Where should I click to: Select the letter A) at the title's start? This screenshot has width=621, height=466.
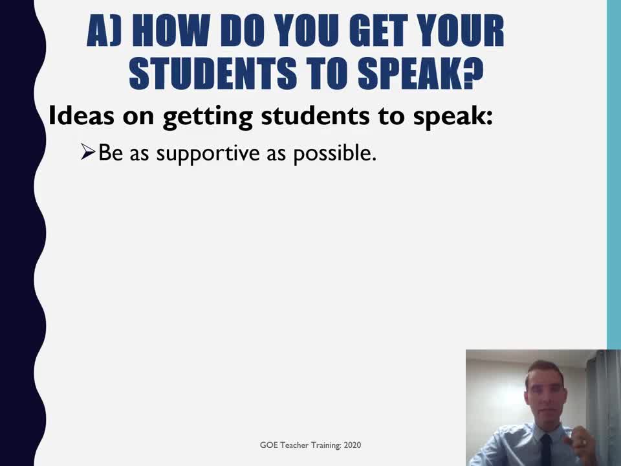tap(103, 31)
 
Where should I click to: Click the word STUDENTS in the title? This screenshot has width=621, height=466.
tap(213, 73)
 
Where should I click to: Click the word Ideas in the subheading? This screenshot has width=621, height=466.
tap(82, 116)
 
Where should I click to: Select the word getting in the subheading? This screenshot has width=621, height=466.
tap(208, 117)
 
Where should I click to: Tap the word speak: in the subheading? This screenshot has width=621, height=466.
tap(453, 117)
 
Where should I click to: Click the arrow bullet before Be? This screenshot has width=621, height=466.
tap(88, 151)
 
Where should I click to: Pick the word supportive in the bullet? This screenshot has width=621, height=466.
tap(208, 154)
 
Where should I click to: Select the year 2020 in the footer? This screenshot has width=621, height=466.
tap(353, 445)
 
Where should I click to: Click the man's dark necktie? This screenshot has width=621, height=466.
tap(546, 450)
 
